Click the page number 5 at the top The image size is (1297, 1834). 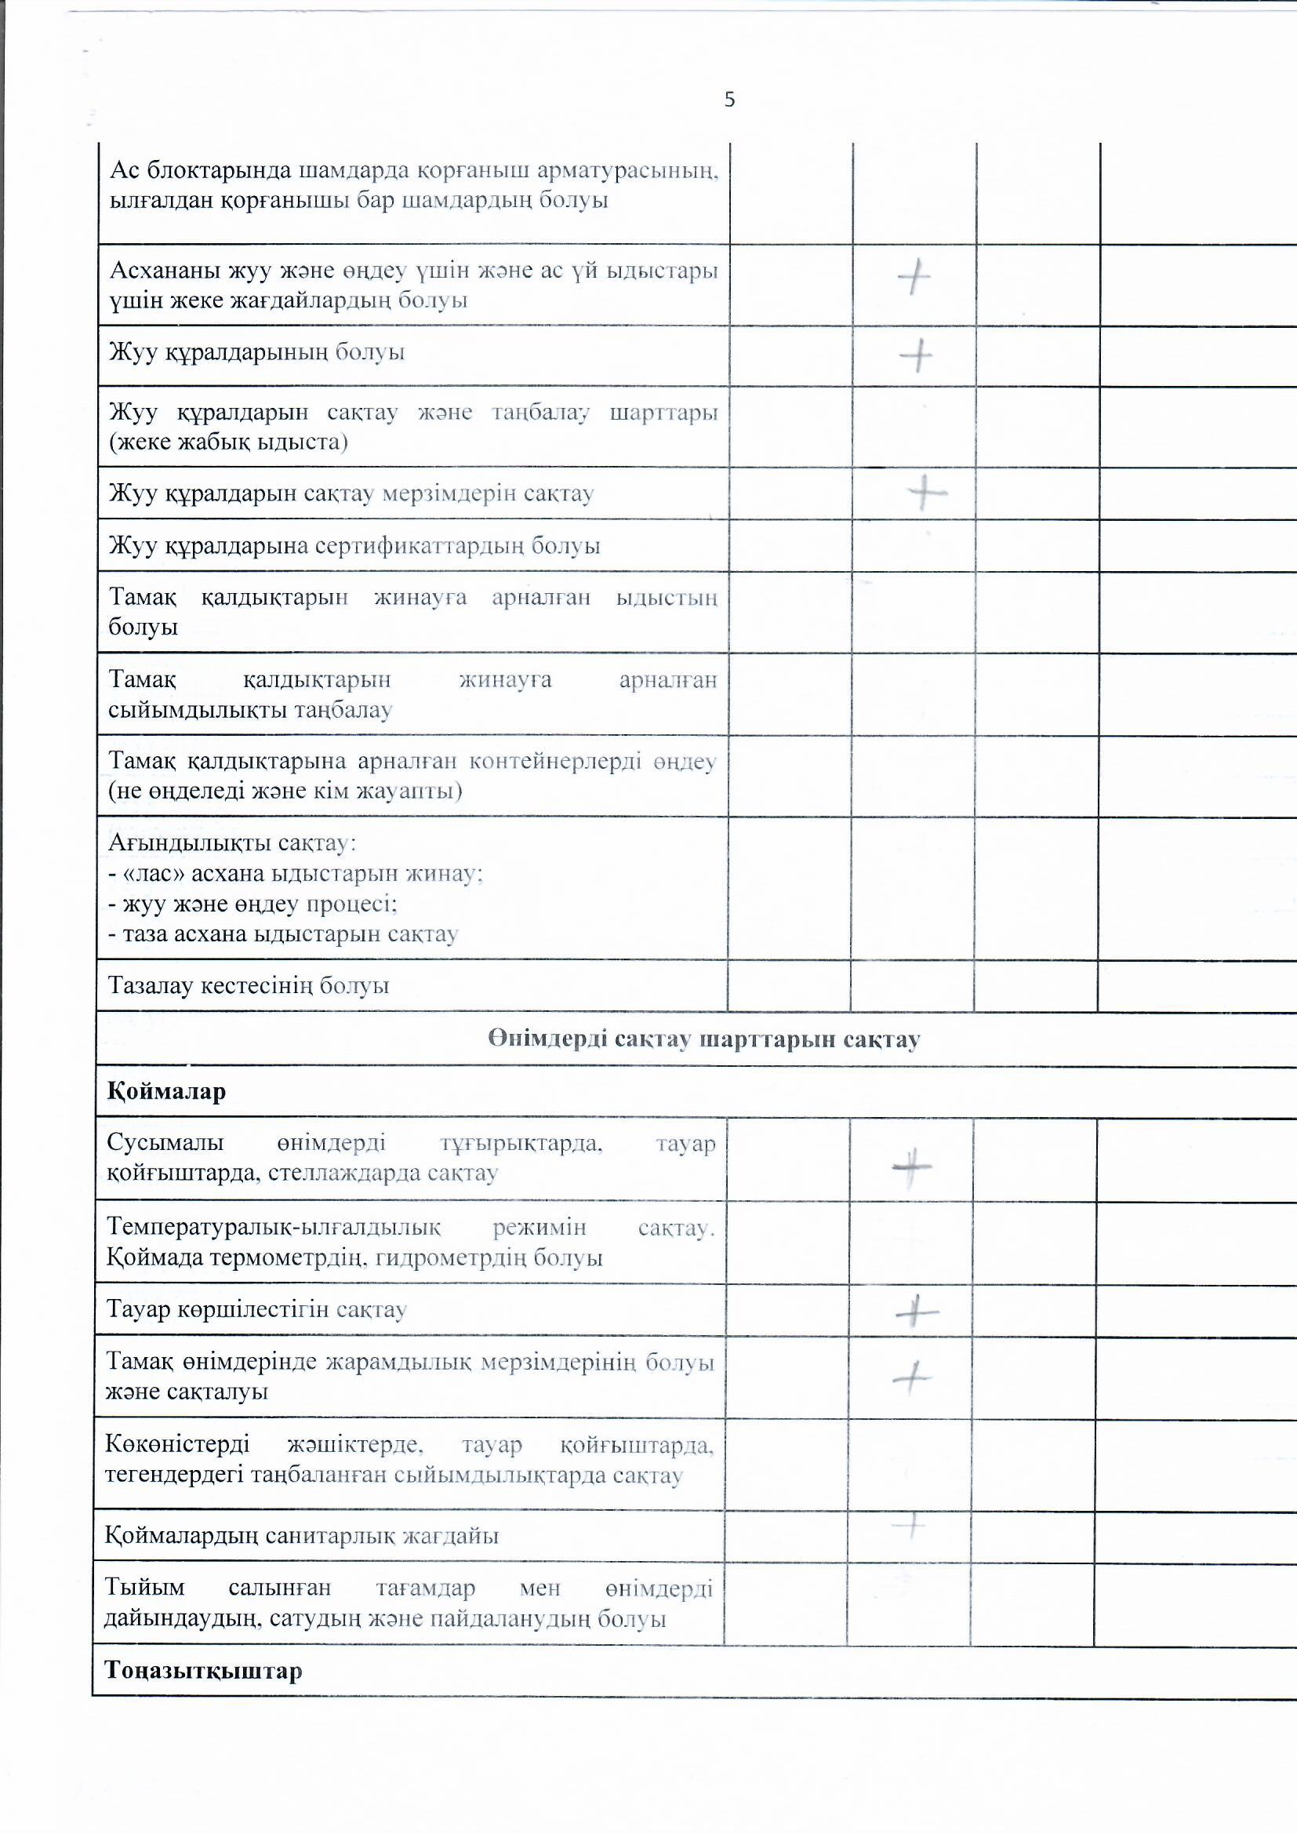click(x=729, y=100)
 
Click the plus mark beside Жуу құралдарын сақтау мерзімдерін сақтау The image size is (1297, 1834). click(x=926, y=492)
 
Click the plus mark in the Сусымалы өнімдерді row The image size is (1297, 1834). click(x=912, y=1167)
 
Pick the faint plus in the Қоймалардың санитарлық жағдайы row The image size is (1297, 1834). click(x=908, y=1527)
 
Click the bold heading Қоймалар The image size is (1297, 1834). click(x=167, y=1091)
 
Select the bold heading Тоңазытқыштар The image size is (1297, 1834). click(x=204, y=1671)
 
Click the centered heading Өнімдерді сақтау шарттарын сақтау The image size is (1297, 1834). click(x=703, y=1039)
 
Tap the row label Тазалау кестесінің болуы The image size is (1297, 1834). click(x=249, y=986)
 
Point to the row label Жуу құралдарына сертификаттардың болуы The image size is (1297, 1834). click(x=354, y=547)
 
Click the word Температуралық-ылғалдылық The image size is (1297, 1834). click(x=273, y=1227)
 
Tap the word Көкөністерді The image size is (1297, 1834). click(x=177, y=1444)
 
